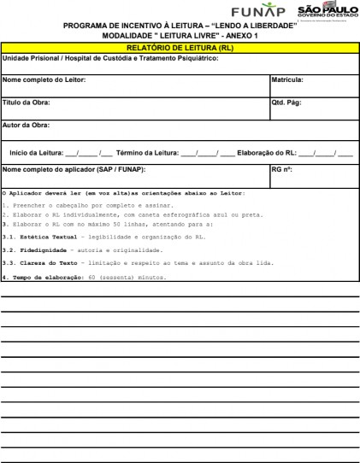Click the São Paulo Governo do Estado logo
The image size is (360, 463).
[x=325, y=11]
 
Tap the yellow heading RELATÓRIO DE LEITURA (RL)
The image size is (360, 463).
[x=180, y=48]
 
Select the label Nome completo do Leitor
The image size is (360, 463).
[x=44, y=79]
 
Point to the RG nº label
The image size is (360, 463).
[x=281, y=169]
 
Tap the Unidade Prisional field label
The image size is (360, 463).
[x=110, y=58]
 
